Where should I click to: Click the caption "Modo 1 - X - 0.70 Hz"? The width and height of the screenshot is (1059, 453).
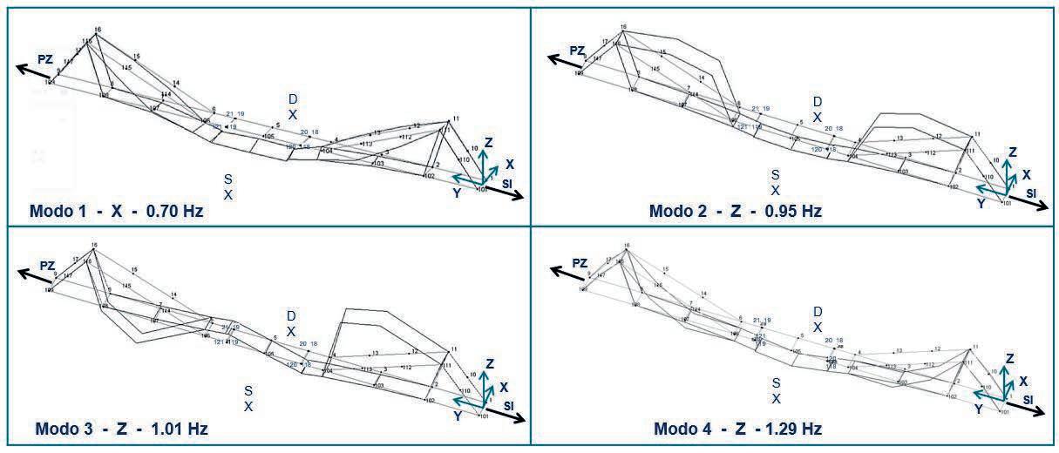click(116, 211)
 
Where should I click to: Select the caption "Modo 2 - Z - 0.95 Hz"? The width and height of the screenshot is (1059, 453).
click(735, 211)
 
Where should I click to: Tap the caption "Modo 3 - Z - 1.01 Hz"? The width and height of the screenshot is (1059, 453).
click(121, 429)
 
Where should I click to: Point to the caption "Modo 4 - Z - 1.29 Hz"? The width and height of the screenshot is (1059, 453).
click(737, 429)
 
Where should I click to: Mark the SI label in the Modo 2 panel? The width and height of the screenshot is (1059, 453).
click(1030, 193)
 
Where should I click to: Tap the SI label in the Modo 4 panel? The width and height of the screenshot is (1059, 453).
click(1028, 399)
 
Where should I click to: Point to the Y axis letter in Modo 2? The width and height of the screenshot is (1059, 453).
click(981, 203)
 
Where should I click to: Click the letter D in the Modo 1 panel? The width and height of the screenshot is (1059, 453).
click(293, 99)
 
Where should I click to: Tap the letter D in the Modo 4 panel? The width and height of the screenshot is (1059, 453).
click(818, 311)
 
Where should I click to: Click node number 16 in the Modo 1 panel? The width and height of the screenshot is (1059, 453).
click(98, 30)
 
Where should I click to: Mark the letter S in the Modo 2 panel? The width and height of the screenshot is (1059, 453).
click(775, 175)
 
